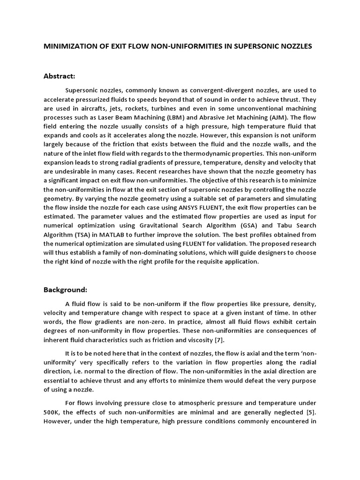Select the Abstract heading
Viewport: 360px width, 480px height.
point(60,75)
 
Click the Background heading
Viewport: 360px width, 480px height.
point(66,290)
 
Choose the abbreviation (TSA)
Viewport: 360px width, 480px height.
point(78,234)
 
